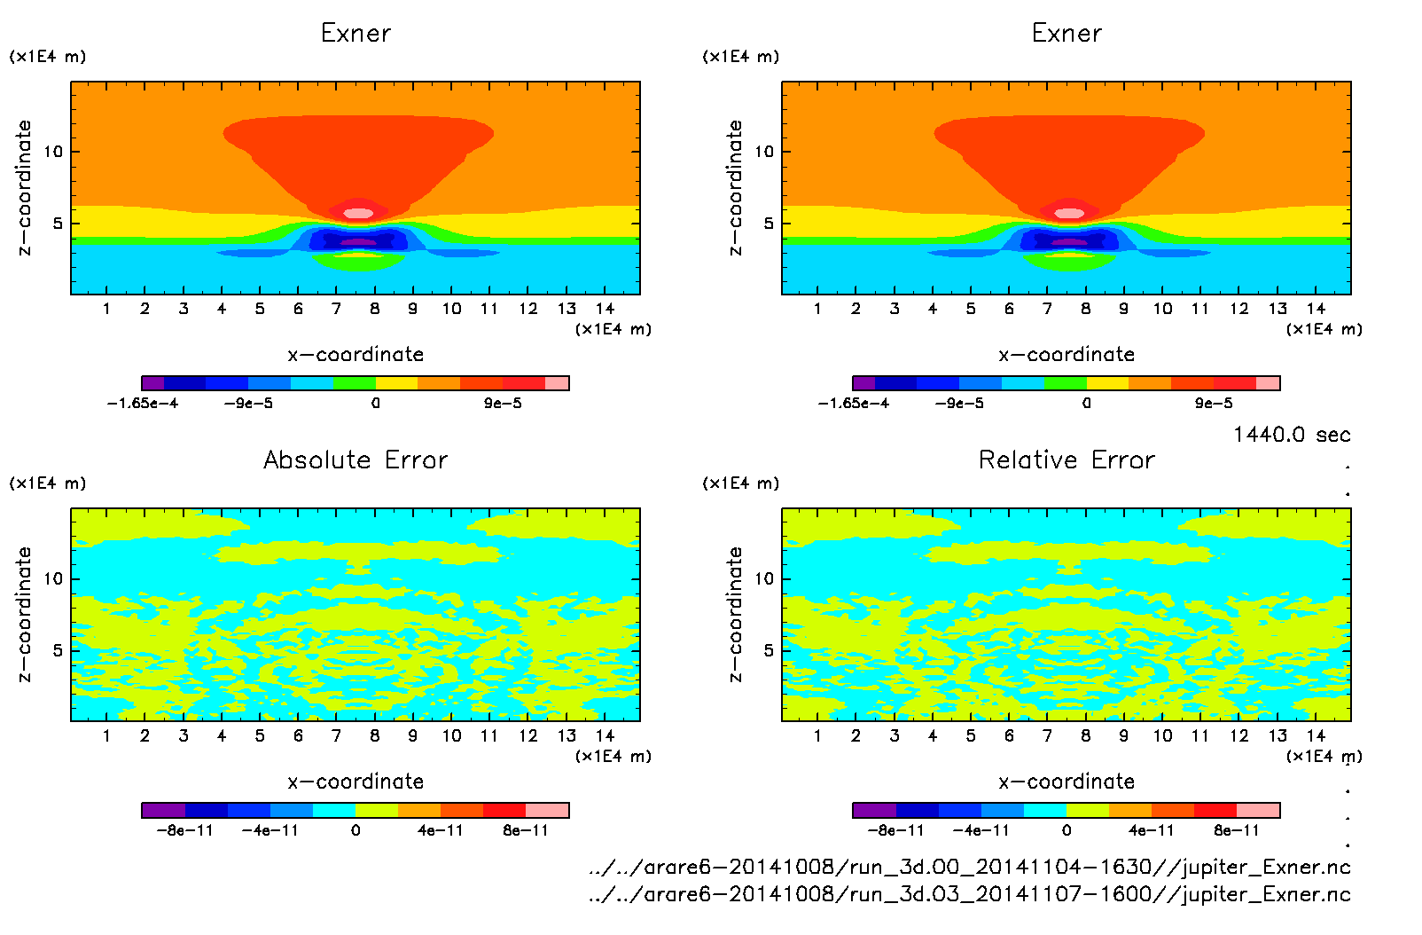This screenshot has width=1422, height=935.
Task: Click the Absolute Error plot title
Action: tap(355, 460)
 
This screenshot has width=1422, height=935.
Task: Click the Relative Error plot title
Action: tap(1066, 460)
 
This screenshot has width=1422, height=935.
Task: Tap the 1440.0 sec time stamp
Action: tap(1292, 435)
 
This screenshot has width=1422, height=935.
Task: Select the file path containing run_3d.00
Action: tap(970, 867)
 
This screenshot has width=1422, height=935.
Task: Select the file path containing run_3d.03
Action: tap(970, 894)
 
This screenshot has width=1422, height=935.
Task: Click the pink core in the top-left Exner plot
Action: tap(358, 213)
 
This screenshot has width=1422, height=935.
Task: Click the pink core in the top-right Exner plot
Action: tap(1069, 213)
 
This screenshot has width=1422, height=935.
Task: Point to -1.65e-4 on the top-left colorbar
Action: tap(143, 404)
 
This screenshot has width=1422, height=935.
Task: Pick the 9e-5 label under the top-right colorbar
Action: tap(1213, 404)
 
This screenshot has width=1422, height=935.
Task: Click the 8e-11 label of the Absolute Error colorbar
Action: tap(526, 830)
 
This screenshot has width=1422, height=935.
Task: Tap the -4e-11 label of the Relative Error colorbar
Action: tap(981, 830)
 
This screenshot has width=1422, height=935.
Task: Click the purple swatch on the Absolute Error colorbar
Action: tap(163, 810)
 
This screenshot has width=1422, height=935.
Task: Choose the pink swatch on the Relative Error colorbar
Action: tap(1258, 810)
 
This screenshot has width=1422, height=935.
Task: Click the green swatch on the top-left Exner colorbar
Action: tap(355, 383)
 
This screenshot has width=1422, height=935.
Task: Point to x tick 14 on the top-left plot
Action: tap(605, 309)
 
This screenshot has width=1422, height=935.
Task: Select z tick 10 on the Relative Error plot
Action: tap(764, 578)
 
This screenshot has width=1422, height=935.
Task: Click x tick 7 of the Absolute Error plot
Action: tap(336, 735)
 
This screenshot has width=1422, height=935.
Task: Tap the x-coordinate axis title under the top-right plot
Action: tap(1066, 355)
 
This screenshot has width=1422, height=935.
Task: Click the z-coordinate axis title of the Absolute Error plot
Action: tap(24, 614)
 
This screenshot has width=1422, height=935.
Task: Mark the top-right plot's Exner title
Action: tap(1066, 34)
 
